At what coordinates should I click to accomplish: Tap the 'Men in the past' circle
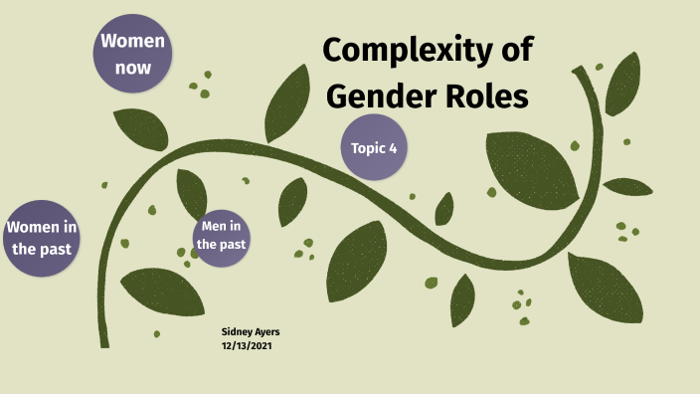tap(221, 235)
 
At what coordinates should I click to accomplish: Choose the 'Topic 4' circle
tap(374, 148)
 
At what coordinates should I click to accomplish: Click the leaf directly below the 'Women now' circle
tap(141, 129)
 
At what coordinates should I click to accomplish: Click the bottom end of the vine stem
tap(104, 343)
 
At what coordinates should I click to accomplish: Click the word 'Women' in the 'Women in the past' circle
tap(41, 228)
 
